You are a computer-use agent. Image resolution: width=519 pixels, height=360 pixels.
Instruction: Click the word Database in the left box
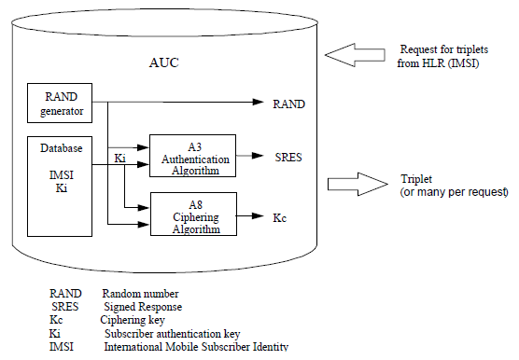60,147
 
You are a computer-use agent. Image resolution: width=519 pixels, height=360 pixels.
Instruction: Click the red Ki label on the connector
119,159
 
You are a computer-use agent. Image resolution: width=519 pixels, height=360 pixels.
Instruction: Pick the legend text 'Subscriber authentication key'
171,333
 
